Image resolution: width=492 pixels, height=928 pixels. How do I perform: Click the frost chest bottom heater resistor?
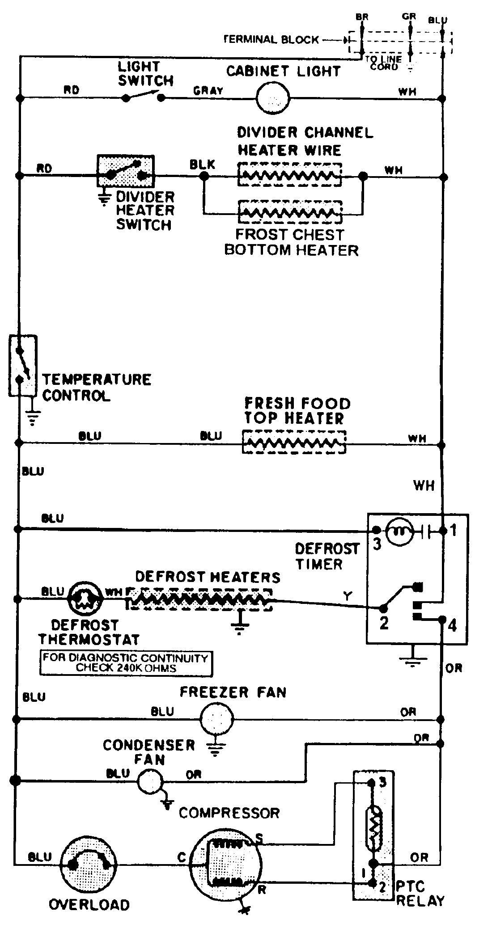point(290,213)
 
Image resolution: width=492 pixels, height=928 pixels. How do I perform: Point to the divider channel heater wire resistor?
point(290,175)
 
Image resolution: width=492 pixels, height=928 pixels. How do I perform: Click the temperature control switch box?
point(22,365)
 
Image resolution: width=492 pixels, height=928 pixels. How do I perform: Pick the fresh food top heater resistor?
point(294,442)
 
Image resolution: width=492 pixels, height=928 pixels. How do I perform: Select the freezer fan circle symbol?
point(216,719)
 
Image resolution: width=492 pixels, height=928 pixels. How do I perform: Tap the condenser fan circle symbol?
point(150,781)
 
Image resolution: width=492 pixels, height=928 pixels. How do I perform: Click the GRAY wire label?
point(208,91)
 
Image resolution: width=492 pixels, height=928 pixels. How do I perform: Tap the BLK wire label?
point(202,164)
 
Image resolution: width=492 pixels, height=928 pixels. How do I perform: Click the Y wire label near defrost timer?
point(348,595)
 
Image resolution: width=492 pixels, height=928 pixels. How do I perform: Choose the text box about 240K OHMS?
point(126,663)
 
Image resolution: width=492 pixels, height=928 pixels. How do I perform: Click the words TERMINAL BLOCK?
point(271,39)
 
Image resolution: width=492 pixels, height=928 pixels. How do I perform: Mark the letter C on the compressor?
point(181,857)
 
